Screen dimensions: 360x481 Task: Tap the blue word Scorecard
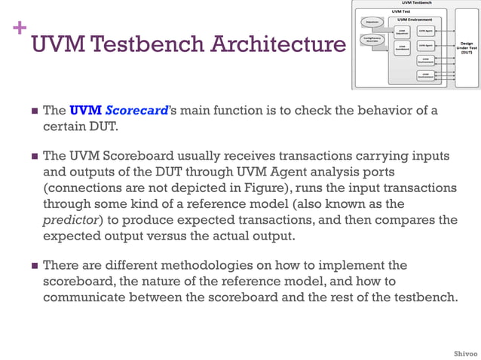[136, 110]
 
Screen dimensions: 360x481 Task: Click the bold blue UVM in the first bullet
[85, 110]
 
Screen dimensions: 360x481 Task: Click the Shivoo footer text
[464, 353]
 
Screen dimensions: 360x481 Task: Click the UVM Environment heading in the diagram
[415, 20]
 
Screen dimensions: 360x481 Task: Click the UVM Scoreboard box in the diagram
[401, 47]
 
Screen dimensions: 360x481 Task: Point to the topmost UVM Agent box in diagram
[427, 30]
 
